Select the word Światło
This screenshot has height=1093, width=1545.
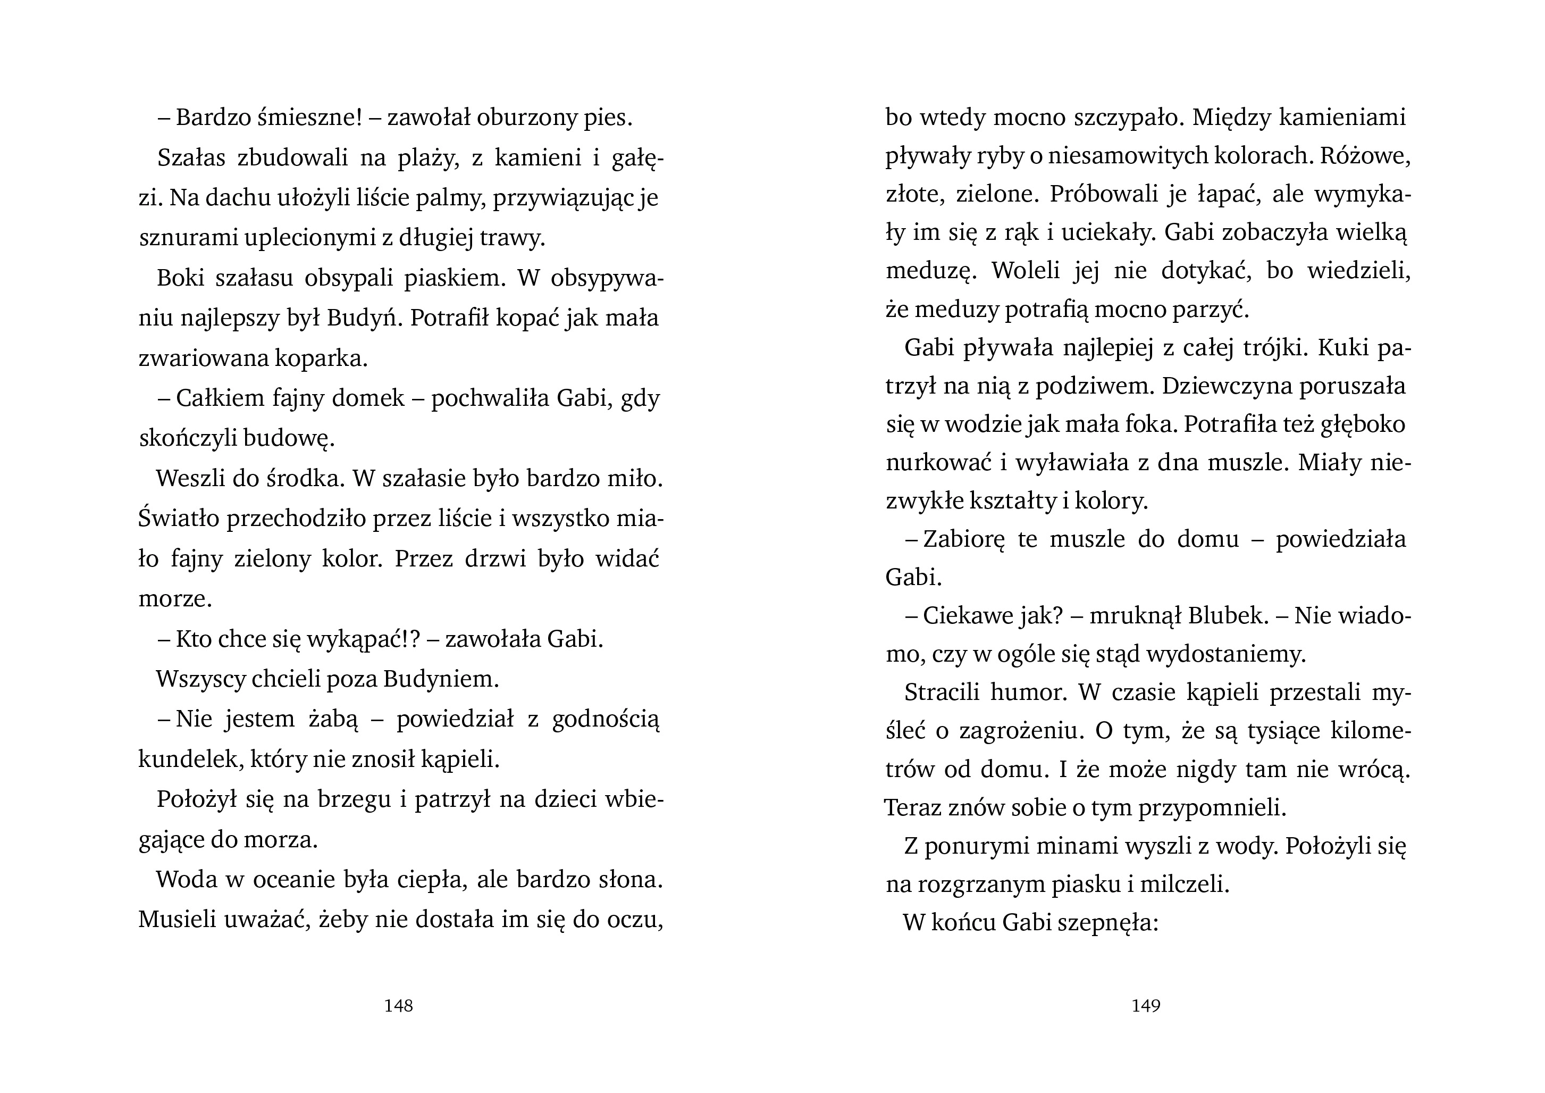179,519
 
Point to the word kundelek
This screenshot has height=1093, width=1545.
190,760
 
